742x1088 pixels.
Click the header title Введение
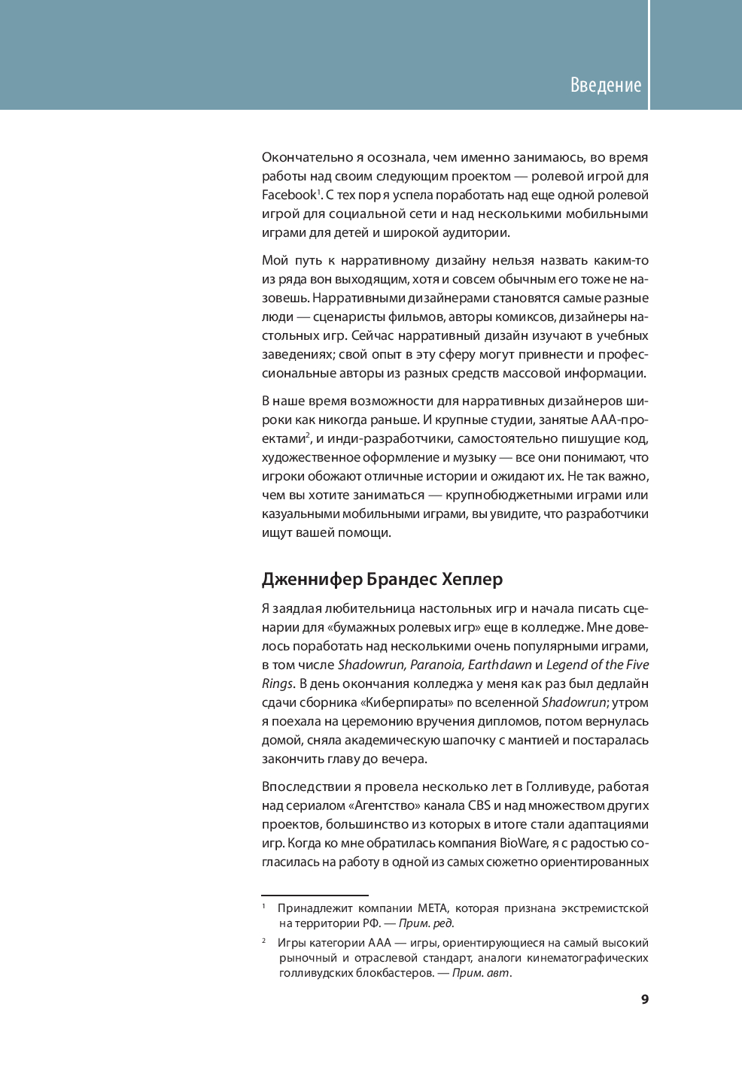coord(605,85)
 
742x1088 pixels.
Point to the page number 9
coord(644,999)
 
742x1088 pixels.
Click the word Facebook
coord(288,195)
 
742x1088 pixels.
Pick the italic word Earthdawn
coord(500,665)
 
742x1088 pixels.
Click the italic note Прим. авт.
coord(481,973)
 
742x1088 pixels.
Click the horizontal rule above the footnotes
coord(315,896)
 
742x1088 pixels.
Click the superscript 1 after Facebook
coord(319,192)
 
